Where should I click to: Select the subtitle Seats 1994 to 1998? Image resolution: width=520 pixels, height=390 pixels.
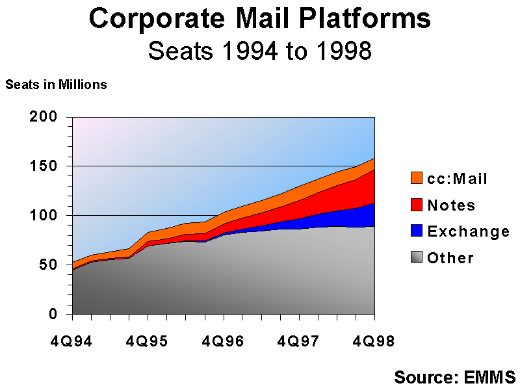tap(259, 51)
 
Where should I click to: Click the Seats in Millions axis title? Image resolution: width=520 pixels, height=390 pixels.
tap(57, 84)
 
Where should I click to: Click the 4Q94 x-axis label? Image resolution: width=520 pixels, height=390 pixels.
tap(72, 340)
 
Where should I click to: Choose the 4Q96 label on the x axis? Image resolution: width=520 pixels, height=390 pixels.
tap(224, 340)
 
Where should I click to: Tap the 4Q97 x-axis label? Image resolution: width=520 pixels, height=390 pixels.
tap(299, 340)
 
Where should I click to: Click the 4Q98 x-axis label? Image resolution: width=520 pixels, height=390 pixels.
tap(374, 340)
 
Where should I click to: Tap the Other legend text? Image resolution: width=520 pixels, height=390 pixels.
tap(450, 258)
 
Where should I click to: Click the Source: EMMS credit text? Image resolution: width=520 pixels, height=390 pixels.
tap(454, 377)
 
